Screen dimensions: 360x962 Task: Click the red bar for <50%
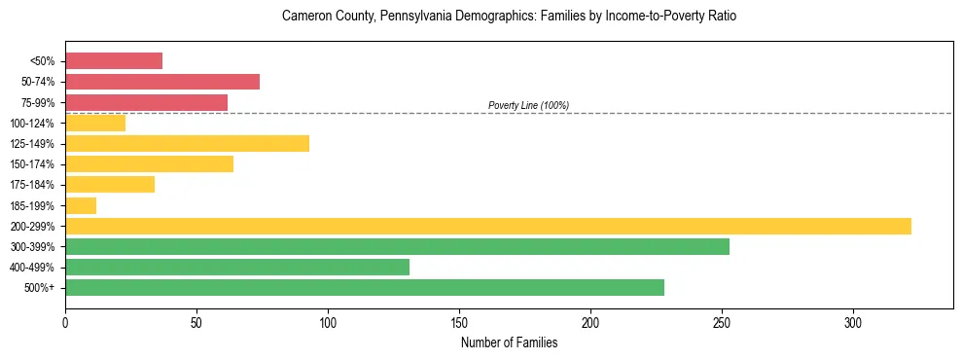pos(114,60)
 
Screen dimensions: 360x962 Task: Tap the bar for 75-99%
pos(146,102)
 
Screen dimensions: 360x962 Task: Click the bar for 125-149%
pos(187,144)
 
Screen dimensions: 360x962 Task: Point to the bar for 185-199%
pos(81,205)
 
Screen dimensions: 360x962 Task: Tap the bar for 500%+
pos(365,288)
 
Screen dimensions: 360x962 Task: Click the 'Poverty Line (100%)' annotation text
pos(528,105)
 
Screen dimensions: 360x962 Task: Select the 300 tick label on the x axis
pos(853,323)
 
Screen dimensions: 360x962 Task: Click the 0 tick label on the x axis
pos(65,323)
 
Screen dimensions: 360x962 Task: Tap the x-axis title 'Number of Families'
pos(509,342)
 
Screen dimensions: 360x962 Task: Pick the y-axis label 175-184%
pos(32,185)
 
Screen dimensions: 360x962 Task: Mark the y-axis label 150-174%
pos(32,164)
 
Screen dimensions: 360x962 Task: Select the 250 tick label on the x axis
pos(722,323)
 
